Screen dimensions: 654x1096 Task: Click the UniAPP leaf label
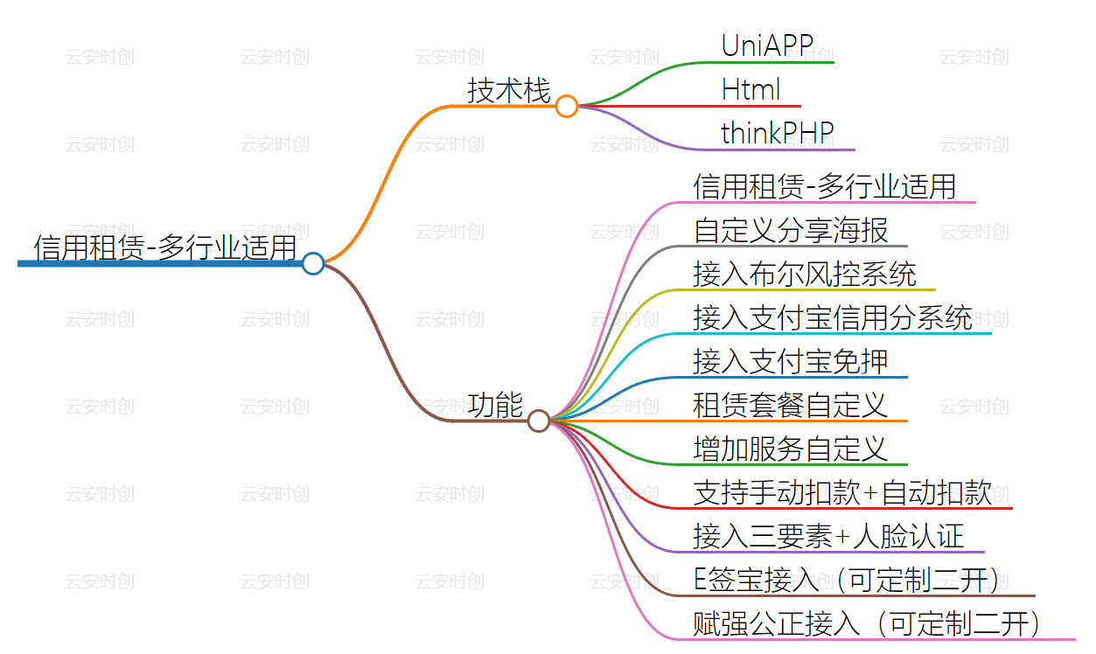[x=767, y=45]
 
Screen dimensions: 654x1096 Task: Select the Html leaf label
[x=750, y=89]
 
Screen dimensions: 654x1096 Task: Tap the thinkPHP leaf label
[x=777, y=133]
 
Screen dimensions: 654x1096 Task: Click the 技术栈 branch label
[x=508, y=90]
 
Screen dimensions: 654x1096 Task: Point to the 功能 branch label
[x=495, y=405]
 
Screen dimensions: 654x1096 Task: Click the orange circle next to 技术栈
[x=567, y=107]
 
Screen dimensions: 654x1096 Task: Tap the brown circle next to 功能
[x=539, y=421]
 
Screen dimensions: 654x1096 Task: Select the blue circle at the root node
[x=313, y=263]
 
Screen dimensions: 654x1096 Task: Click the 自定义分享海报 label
[x=791, y=230]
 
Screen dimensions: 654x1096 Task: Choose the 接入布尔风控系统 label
[x=805, y=274]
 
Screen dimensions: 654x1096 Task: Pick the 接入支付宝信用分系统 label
[x=833, y=317]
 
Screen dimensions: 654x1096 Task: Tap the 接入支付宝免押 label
[x=791, y=361]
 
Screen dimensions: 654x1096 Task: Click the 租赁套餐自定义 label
[x=791, y=405]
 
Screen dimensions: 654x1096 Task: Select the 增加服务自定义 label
[x=791, y=449]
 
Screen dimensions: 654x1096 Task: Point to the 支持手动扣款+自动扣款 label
[x=842, y=492]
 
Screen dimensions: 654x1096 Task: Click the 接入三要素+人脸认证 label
[x=828, y=536]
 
